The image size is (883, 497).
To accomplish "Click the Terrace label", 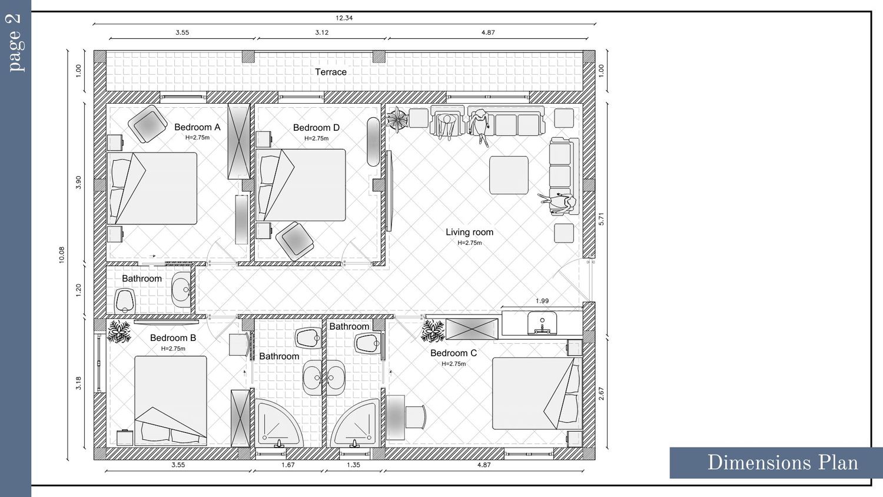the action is pyautogui.click(x=331, y=72).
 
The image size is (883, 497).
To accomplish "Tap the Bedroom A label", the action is pyautogui.click(x=197, y=127).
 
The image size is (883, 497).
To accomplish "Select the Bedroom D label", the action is pyautogui.click(x=316, y=128).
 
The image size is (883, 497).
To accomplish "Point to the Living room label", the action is pyautogui.click(x=470, y=233).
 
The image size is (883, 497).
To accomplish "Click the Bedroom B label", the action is pyautogui.click(x=173, y=338).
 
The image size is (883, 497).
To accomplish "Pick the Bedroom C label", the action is pyautogui.click(x=453, y=353).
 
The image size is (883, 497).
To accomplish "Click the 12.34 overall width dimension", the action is pyautogui.click(x=344, y=18).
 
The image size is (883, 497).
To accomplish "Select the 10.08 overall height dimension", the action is pyautogui.click(x=61, y=255).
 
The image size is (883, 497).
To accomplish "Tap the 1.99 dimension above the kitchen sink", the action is pyautogui.click(x=542, y=301).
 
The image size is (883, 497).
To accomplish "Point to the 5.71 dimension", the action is pyautogui.click(x=601, y=219).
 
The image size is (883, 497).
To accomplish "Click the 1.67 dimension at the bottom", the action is pyautogui.click(x=288, y=465).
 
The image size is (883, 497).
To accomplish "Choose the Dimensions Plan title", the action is pyautogui.click(x=782, y=463).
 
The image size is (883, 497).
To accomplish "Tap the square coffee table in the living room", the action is pyautogui.click(x=509, y=175).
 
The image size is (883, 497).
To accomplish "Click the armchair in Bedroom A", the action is pyautogui.click(x=148, y=124).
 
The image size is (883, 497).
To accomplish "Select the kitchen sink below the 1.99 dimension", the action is pyautogui.click(x=542, y=323).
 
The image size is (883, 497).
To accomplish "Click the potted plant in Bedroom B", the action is pyautogui.click(x=119, y=332).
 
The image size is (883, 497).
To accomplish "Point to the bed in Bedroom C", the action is pyautogui.click(x=537, y=393).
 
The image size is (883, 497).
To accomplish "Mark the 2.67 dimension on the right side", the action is pyautogui.click(x=601, y=393).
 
